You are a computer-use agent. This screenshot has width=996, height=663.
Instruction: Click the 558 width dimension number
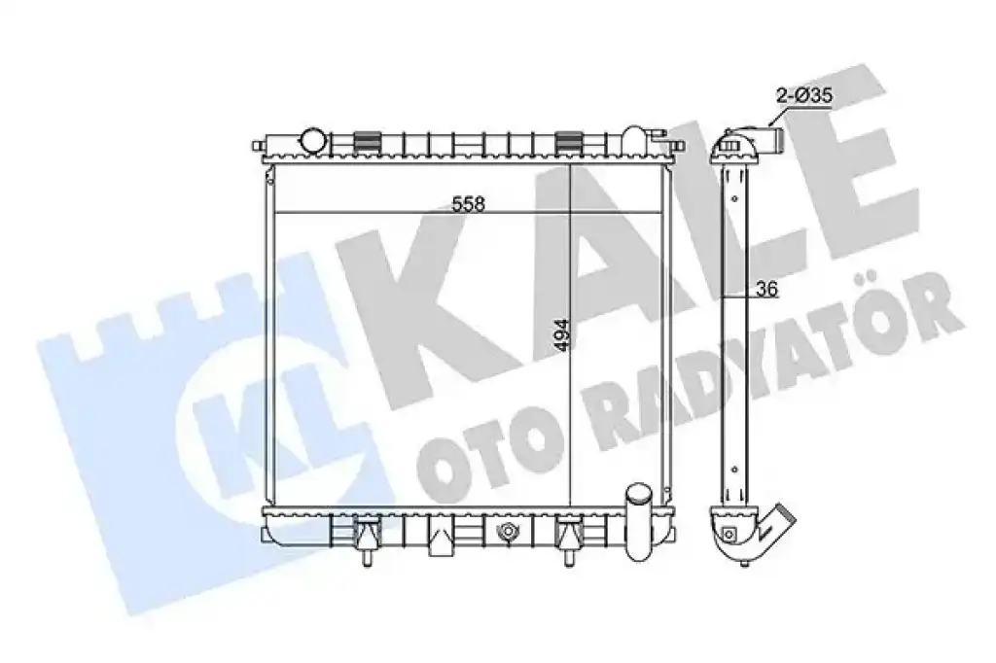469,203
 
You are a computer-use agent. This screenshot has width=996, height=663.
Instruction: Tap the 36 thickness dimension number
767,289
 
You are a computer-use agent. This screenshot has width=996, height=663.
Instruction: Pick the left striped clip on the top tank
366,142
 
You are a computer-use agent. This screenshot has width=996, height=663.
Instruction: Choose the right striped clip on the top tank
568,142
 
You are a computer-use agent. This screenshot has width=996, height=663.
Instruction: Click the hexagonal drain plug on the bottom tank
508,531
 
